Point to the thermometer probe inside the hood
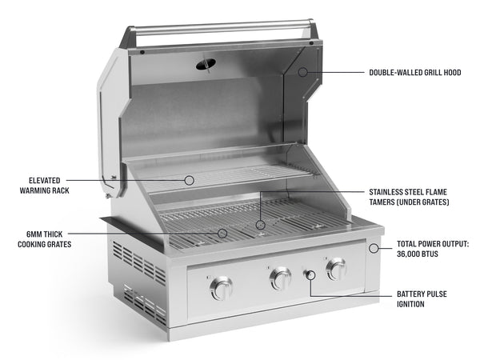coord(207,63)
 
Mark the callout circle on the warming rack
coord(190,180)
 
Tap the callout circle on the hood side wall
coord(303,72)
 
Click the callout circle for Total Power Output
coord(374,248)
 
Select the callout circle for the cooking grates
coord(223,234)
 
